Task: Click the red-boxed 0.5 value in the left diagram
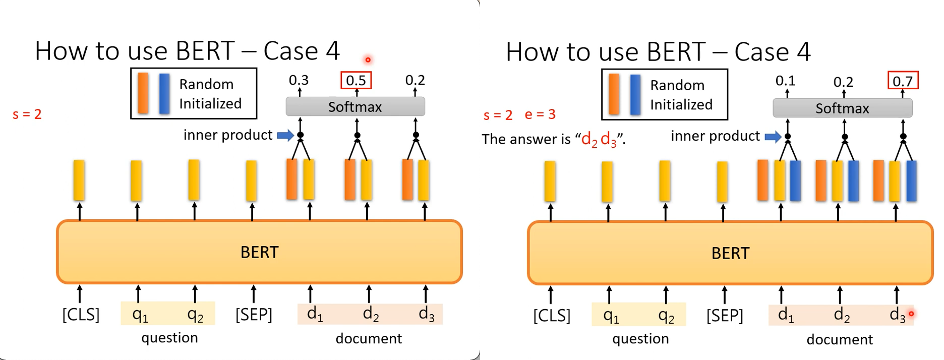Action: pos(356,80)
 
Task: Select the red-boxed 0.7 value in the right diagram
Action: pos(903,81)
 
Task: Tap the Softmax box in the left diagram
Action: pos(355,107)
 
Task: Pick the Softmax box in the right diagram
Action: pos(842,108)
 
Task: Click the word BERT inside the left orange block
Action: pos(259,252)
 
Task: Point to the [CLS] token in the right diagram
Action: pos(552,316)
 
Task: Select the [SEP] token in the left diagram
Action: pos(254,315)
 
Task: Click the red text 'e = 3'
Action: pos(540,114)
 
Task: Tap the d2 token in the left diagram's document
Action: pos(371,314)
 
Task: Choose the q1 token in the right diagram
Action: pos(611,316)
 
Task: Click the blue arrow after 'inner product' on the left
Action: pos(285,135)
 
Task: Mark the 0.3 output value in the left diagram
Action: pos(299,80)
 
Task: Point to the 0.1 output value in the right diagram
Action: pos(785,81)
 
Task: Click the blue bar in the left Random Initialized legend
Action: pos(164,94)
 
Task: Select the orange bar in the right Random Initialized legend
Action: pos(614,94)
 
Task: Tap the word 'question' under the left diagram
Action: pos(169,338)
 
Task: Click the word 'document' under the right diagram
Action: pos(840,339)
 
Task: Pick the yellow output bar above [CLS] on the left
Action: pos(79,180)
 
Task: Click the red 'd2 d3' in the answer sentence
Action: pos(599,139)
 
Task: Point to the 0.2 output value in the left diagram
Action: pos(415,80)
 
